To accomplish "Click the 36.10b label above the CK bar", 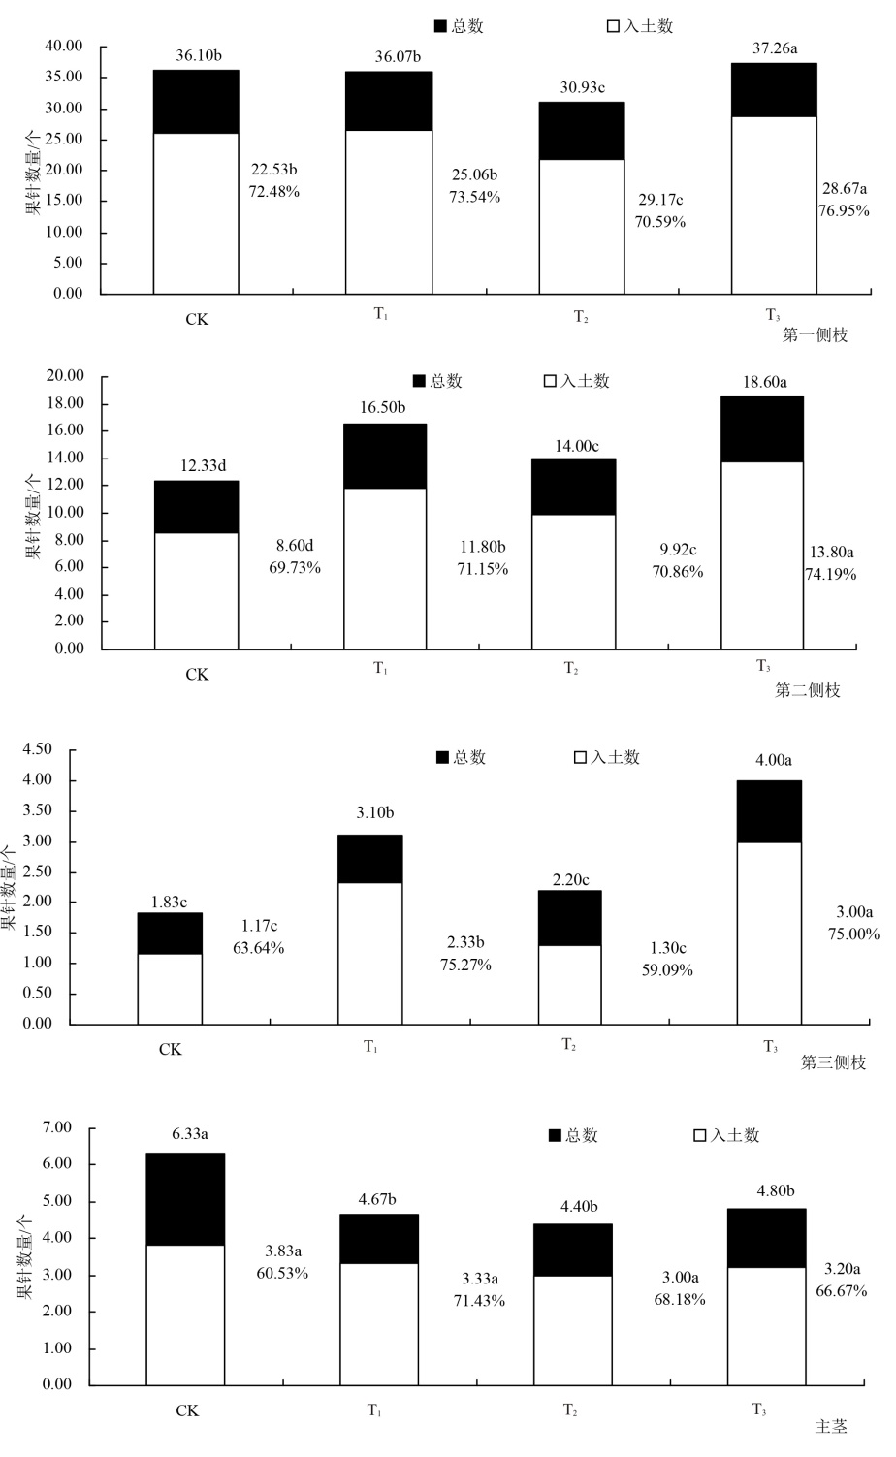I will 198,55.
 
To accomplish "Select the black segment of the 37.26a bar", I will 774,90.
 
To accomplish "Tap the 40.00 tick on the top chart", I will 64,46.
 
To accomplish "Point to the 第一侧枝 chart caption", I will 815,335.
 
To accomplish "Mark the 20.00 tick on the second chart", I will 64,376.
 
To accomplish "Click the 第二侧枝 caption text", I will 807,690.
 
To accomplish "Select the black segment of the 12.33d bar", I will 196,507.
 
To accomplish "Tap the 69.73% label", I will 294,567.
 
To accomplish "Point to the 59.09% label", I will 667,969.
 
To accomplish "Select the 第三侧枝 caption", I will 833,1062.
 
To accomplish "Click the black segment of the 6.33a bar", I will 185,1199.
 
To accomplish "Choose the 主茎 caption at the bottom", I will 830,1427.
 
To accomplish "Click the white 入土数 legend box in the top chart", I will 613,27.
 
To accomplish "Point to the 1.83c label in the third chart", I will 169,902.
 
